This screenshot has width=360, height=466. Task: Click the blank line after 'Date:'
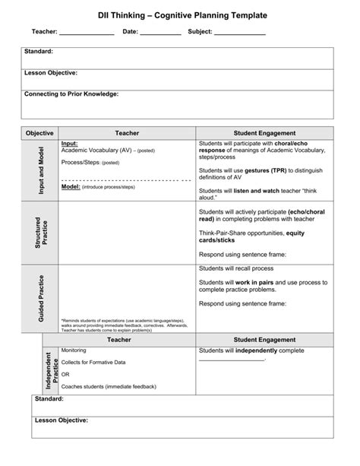[160, 34]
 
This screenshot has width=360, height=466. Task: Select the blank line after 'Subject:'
[239, 34]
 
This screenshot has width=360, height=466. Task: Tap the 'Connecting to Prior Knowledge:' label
[71, 94]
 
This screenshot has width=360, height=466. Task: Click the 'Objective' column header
[39, 132]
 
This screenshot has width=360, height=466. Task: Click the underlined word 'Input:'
[69, 143]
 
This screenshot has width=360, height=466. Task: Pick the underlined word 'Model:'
[71, 185]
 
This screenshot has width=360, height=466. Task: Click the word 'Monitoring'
[74, 350]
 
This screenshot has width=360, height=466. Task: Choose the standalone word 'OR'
[65, 374]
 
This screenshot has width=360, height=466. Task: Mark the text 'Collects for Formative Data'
[93, 362]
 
